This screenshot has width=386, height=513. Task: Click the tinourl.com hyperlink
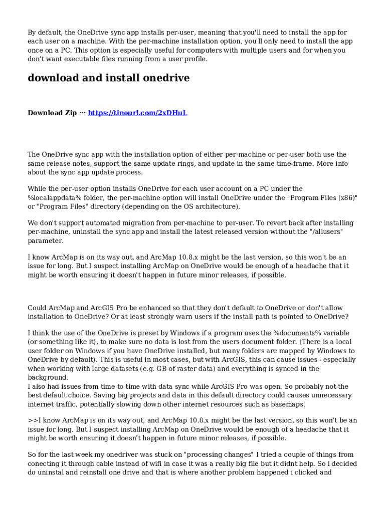pos(137,113)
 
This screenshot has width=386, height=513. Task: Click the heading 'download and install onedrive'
pos(108,78)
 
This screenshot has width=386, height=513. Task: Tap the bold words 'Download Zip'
pos(52,113)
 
